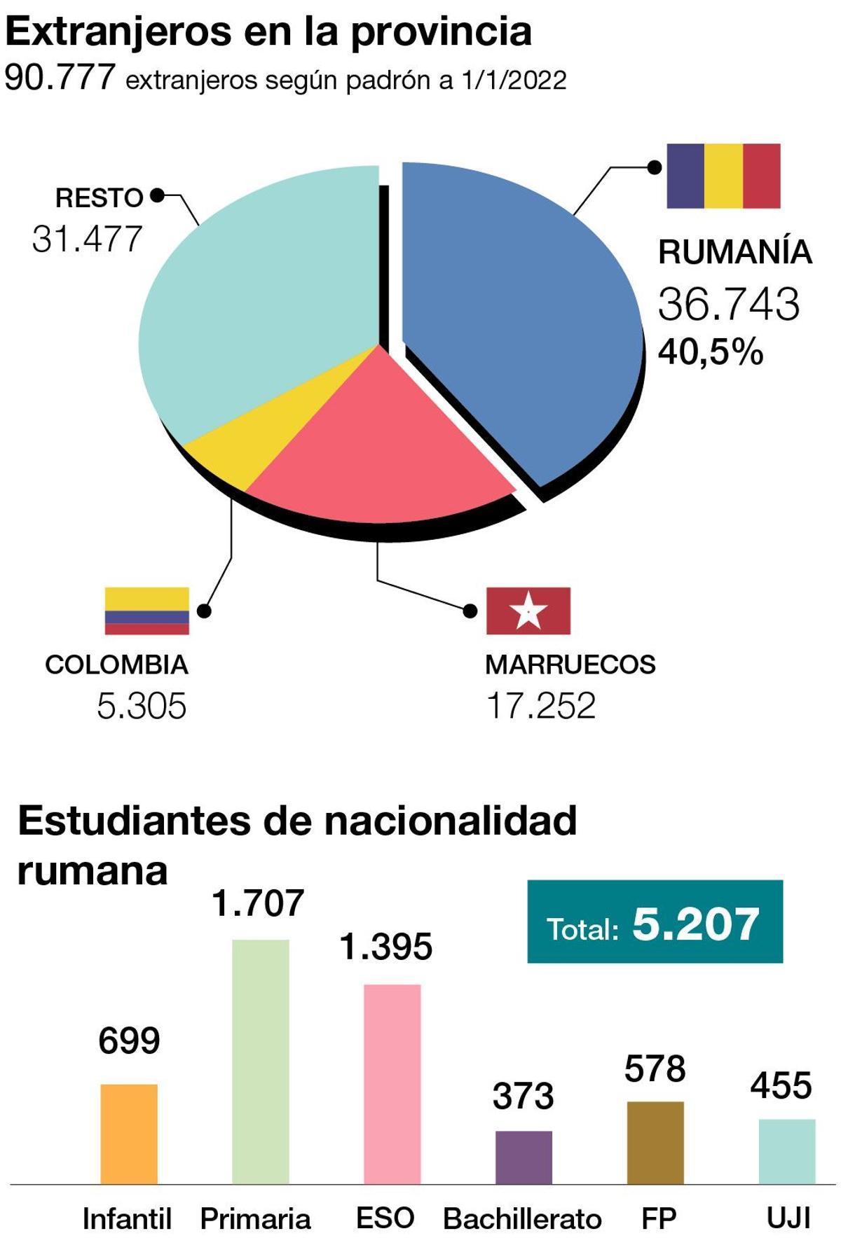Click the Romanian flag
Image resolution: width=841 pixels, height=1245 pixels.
tap(723, 176)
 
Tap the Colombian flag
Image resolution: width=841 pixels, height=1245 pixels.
tap(146, 611)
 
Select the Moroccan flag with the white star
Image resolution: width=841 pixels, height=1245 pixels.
tap(528, 611)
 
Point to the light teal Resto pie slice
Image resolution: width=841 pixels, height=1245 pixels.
tap(259, 294)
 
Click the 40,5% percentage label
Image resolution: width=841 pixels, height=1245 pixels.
tap(710, 352)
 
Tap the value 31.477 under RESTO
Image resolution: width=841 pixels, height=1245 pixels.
tap(87, 239)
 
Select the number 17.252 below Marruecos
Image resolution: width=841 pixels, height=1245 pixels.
tap(540, 705)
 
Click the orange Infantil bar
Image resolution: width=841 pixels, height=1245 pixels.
tap(129, 1134)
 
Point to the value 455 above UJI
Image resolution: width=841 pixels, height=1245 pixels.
tap(781, 1085)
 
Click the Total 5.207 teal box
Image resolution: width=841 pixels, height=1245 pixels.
tap(655, 921)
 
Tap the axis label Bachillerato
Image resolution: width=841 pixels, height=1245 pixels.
tap(522, 1219)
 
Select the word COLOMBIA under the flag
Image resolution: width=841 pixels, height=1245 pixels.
tap(116, 665)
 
